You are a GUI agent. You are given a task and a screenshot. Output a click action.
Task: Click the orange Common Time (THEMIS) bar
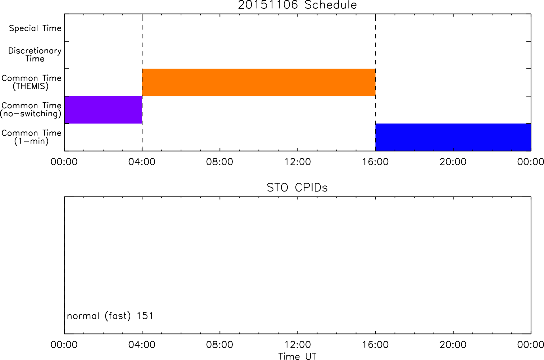tap(259, 82)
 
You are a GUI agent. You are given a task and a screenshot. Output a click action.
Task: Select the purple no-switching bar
tap(103, 110)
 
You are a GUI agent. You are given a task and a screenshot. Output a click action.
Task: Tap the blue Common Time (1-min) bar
tap(453, 137)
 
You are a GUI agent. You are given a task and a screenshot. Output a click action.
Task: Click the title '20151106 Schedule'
tap(297, 5)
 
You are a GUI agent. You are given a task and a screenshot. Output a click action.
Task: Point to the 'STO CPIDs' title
tap(297, 188)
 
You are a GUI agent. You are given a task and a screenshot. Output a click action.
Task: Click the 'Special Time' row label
tap(35, 28)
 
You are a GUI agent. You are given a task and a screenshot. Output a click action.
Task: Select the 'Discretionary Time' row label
tap(35, 55)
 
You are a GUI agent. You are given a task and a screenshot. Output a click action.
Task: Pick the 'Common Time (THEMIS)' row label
tap(31, 82)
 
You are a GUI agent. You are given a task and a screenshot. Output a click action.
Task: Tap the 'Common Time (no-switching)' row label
tap(31, 110)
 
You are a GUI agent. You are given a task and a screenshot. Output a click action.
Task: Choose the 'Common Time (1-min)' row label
tap(31, 137)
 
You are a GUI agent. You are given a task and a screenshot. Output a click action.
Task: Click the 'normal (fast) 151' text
tap(110, 316)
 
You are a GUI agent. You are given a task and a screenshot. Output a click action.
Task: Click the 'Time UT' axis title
tap(297, 356)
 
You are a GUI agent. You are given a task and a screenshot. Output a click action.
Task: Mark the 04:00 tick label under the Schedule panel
tap(142, 162)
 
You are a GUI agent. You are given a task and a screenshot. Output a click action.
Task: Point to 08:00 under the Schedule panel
tap(219, 162)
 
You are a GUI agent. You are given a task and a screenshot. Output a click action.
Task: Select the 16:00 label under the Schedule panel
tap(375, 162)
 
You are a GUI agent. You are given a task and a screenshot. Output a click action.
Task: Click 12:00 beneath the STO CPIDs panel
tap(298, 345)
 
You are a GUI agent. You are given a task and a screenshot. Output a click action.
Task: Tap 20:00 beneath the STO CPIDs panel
tap(453, 345)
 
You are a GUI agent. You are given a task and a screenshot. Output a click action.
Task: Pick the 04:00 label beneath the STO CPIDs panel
tap(142, 345)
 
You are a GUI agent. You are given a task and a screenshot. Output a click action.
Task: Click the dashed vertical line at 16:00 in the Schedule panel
tap(376, 82)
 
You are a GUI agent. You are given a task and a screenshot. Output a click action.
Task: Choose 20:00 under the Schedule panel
tap(453, 162)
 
